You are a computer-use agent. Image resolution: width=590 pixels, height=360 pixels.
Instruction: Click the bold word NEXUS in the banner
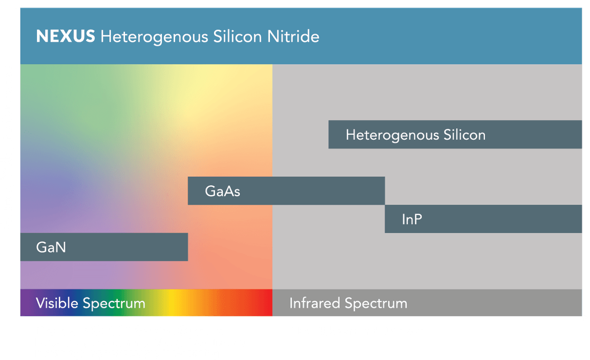click(x=65, y=37)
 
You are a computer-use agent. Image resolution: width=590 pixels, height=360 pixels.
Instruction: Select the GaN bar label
click(x=51, y=247)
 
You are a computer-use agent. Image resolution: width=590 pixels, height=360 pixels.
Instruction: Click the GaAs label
click(x=222, y=192)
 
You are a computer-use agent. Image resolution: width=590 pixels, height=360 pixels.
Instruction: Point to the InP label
click(x=412, y=220)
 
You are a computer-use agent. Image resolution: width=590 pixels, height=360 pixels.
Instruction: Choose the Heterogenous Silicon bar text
click(x=415, y=135)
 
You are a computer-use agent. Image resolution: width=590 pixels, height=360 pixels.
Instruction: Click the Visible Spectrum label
click(x=90, y=303)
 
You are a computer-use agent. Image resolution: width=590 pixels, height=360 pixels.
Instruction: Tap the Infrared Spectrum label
click(x=348, y=303)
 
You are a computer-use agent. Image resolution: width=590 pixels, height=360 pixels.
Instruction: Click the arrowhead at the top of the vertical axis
click(x=19, y=4)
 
